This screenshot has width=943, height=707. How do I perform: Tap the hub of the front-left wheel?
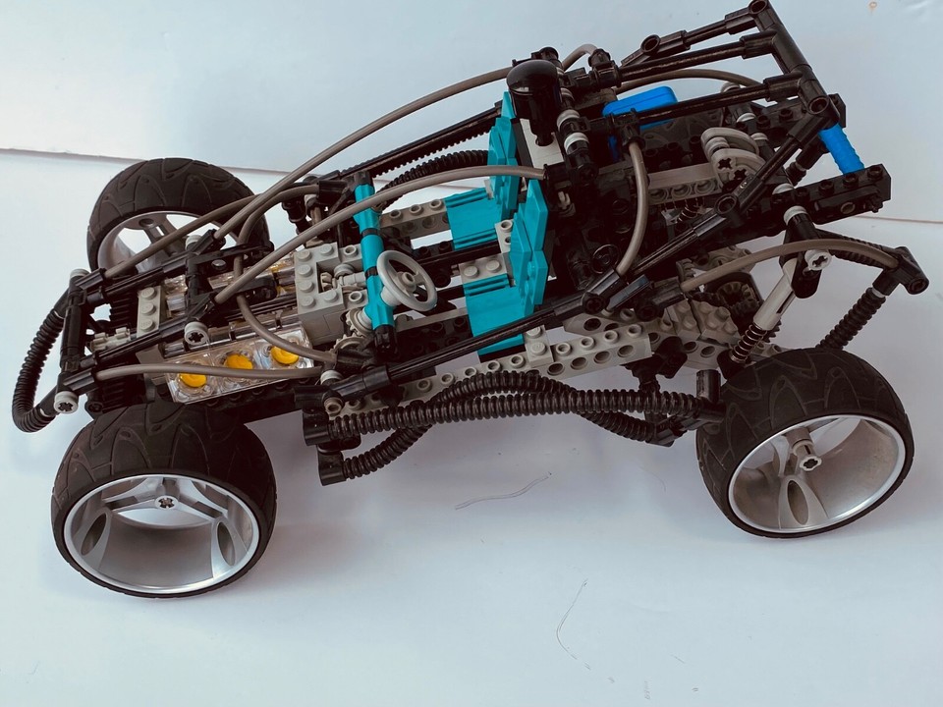pyautogui.click(x=166, y=503)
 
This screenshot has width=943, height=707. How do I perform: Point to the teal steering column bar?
pyautogui.click(x=371, y=251)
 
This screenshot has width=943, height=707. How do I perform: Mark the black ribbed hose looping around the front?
pyautogui.click(x=39, y=353)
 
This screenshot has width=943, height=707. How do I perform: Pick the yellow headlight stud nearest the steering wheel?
pyautogui.click(x=285, y=353)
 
